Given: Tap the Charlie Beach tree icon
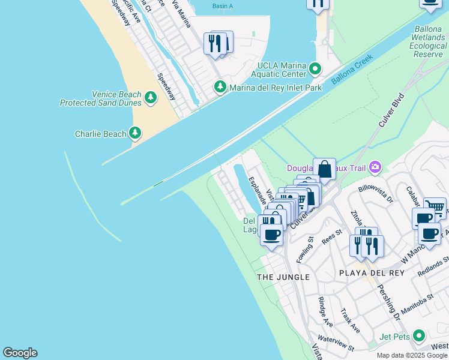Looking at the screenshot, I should pyautogui.click(x=136, y=133).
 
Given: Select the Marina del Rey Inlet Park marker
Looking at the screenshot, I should pyautogui.click(x=220, y=88).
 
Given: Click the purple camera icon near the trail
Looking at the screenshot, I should pyautogui.click(x=376, y=166).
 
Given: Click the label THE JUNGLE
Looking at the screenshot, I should pyautogui.click(x=283, y=277).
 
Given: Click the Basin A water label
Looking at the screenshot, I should pyautogui.click(x=222, y=6).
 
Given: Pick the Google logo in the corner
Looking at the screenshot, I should pyautogui.click(x=20, y=352).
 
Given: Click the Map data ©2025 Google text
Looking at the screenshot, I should pyautogui.click(x=412, y=355).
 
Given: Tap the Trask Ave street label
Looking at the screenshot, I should pyautogui.click(x=350, y=322).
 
